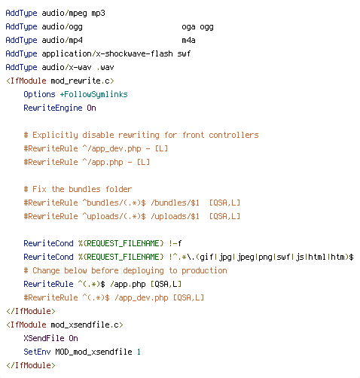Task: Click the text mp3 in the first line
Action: click(x=98, y=14)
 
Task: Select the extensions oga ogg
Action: click(x=198, y=27)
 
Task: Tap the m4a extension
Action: click(x=188, y=40)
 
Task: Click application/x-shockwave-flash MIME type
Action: click(x=107, y=54)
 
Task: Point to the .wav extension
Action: click(x=105, y=67)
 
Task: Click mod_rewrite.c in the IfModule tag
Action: click(x=81, y=81)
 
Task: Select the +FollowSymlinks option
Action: click(x=93, y=95)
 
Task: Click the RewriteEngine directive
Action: click(x=53, y=108)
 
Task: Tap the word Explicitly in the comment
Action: click(x=55, y=136)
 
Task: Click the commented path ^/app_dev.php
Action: click(x=111, y=148)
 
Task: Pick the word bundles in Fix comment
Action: click(x=84, y=189)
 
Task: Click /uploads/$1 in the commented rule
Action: click(x=175, y=216)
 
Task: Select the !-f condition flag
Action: click(x=175, y=243)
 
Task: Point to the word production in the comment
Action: click(x=204, y=271)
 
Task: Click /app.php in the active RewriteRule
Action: click(x=128, y=285)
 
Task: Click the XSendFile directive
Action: click(x=44, y=338)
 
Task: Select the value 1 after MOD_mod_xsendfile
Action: click(x=139, y=352)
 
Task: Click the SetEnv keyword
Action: click(x=37, y=352)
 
